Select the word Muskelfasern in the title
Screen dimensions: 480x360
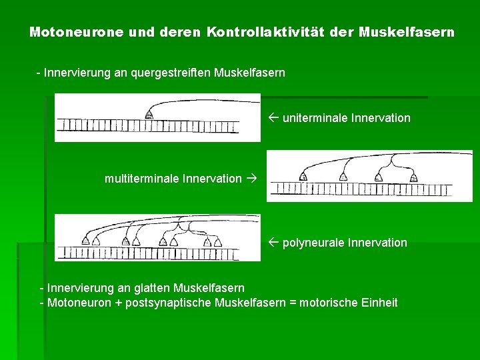pyautogui.click(x=407, y=32)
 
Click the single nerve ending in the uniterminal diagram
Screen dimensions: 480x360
pyautogui.click(x=149, y=115)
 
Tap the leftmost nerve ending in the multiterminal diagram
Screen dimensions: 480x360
pyautogui.click(x=303, y=177)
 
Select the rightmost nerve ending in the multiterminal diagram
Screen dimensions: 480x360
pyautogui.click(x=414, y=177)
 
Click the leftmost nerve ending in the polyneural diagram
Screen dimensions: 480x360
pyautogui.click(x=85, y=241)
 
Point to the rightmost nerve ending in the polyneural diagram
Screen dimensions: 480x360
pyautogui.click(x=217, y=241)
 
